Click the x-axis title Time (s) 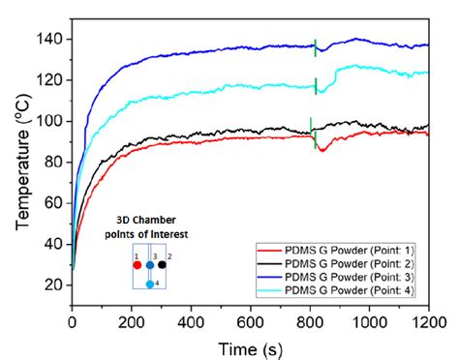pos(249,346)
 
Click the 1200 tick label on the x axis pos(427,320)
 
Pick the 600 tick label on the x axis pos(251,320)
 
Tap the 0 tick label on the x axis pos(73,320)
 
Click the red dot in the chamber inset pos(138,264)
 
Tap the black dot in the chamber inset pos(163,264)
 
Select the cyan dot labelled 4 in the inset pos(150,285)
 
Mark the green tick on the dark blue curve pos(315,45)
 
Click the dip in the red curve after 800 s pos(322,151)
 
